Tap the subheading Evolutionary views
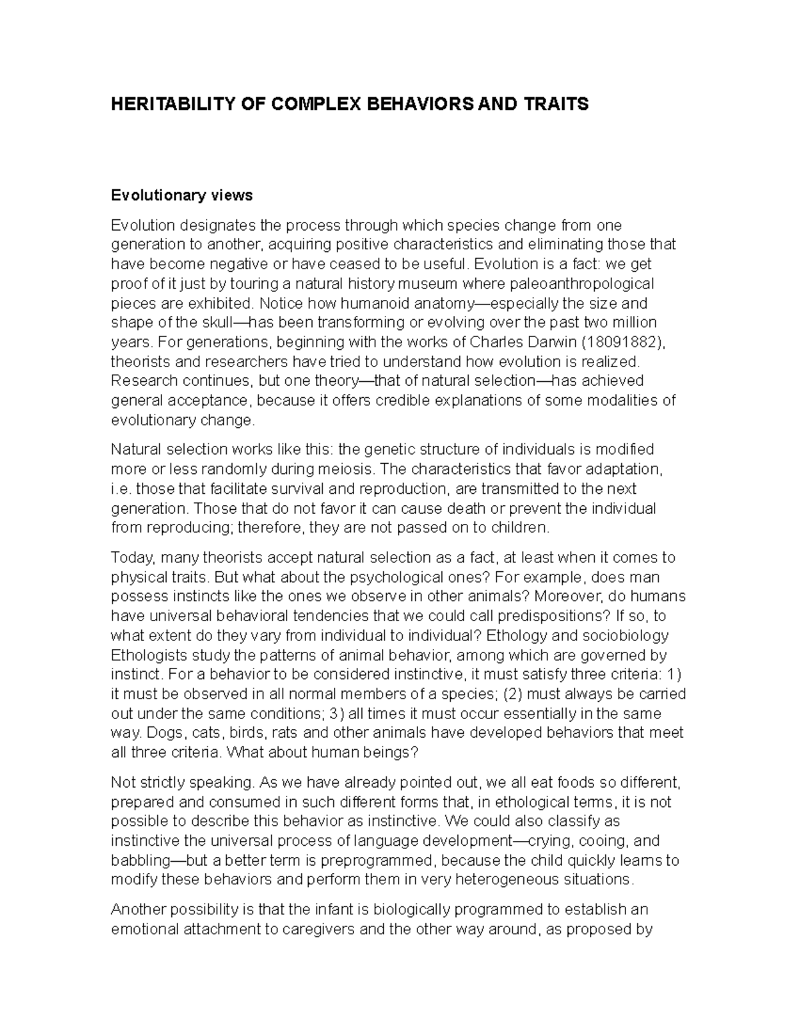[181, 195]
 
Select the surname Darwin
[540, 343]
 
